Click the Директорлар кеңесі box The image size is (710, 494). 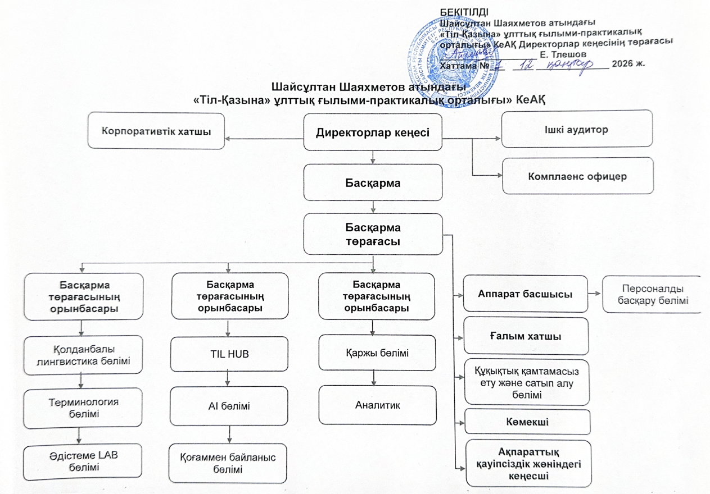373,132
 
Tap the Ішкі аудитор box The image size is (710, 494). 577,129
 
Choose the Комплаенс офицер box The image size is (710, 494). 577,176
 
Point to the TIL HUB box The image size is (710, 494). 228,354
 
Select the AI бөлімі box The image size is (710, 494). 228,405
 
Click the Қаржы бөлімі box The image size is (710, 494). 377,353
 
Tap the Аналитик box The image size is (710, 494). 377,405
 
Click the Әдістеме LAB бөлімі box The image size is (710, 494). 83,462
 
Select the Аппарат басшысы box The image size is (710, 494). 524,294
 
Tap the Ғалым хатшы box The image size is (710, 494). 525,336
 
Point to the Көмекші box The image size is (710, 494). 527,422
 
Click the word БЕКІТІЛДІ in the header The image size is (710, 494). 464,12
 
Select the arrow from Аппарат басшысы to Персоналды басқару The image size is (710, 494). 595,294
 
